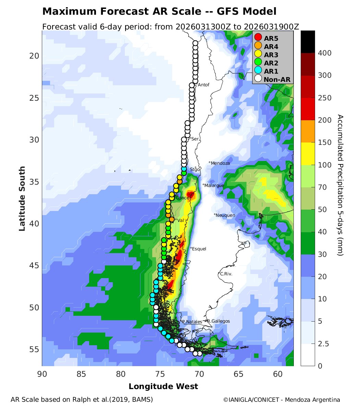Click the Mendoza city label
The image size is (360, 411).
tap(220, 163)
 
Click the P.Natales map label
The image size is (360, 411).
tap(191, 322)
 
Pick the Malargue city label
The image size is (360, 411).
tap(214, 185)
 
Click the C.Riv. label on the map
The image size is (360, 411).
tap(226, 274)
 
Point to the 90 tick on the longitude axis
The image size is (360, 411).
tap(42, 374)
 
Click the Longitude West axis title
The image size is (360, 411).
tap(163, 387)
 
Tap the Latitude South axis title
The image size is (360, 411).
tap(22, 199)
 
